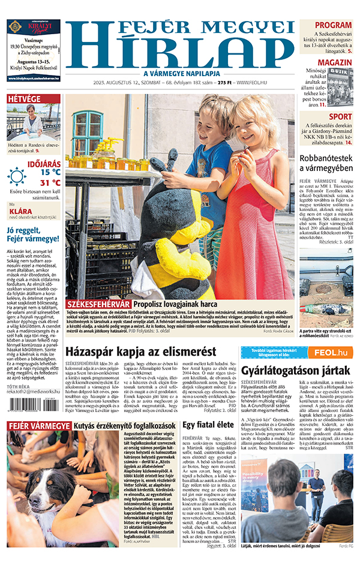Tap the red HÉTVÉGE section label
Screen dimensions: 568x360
[x=24, y=99]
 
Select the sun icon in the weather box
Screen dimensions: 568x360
[x=17, y=176]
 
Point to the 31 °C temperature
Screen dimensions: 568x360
[x=50, y=183]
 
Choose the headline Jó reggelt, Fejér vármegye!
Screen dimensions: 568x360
[x=33, y=234]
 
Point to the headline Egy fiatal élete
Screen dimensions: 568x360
[x=208, y=425]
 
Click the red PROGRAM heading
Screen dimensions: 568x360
[x=333, y=25]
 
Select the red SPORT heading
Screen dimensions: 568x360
[x=340, y=116]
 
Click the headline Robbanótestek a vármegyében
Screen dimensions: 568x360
[x=326, y=163]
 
